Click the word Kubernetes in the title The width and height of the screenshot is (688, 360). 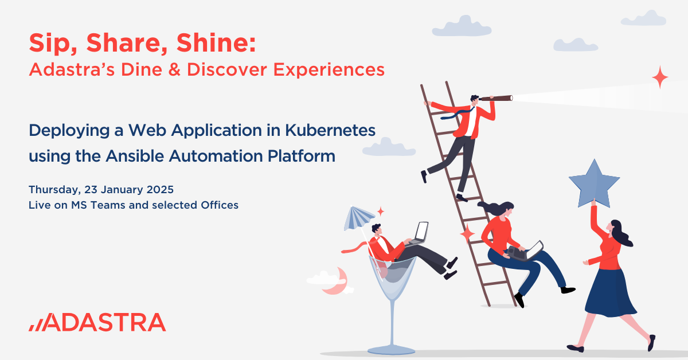[x=330, y=130]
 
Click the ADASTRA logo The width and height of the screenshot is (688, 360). [x=97, y=322]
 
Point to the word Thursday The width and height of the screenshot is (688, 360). [x=54, y=190]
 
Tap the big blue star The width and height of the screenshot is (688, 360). [x=594, y=185]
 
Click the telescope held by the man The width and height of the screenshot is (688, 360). [x=496, y=98]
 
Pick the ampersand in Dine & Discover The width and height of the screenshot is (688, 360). [x=174, y=70]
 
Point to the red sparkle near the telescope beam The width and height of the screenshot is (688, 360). [x=660, y=77]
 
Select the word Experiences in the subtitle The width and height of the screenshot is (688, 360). [x=329, y=70]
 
